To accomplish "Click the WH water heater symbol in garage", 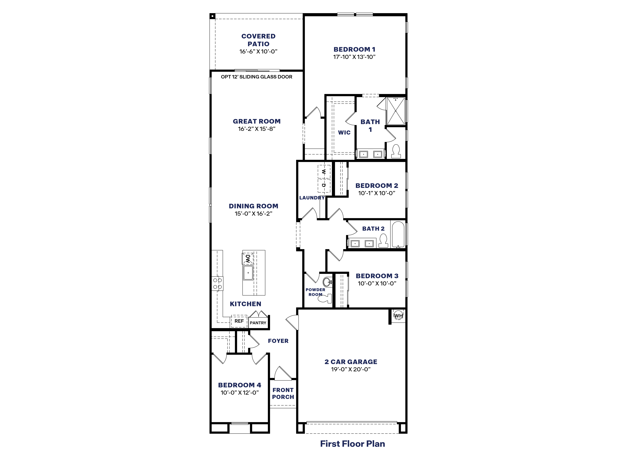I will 398,316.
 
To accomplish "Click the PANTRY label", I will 258,323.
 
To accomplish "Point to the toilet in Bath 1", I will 396,151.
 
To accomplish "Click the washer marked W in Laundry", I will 324,172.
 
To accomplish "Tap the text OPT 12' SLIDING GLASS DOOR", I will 257,77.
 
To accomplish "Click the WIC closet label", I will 344,133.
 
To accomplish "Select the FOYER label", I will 278,341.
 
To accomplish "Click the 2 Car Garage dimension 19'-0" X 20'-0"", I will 351,369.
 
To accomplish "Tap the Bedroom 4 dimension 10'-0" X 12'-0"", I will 240,393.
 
